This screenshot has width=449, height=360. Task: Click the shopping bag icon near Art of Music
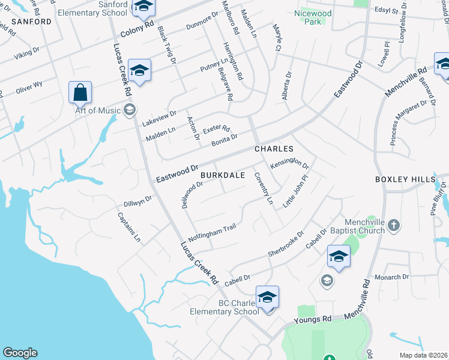(80, 94)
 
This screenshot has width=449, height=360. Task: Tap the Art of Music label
(97, 110)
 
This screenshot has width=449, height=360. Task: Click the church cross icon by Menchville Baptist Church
(393, 226)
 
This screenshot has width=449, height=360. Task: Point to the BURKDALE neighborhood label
(222, 175)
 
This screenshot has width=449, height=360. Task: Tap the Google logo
(19, 353)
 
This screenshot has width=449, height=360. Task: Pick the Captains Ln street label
(129, 227)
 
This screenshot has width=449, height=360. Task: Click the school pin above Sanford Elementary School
(143, 7)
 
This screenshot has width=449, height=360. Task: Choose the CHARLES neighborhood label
(274, 148)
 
